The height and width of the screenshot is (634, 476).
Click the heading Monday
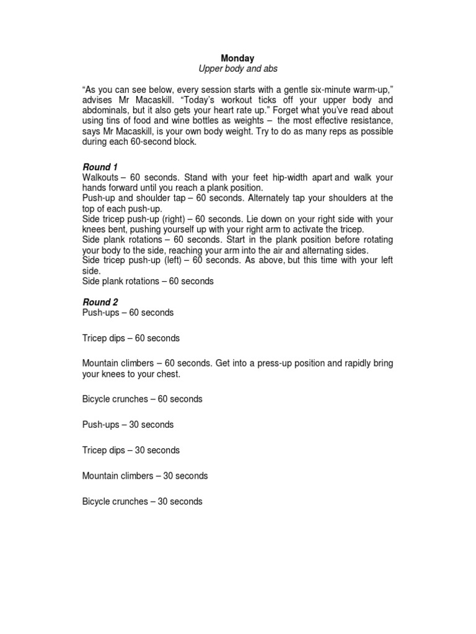(x=238, y=58)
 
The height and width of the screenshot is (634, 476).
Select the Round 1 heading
(x=100, y=167)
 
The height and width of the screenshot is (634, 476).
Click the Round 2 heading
(x=100, y=302)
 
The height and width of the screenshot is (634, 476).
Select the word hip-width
(x=291, y=178)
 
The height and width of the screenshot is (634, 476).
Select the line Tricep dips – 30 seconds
(x=131, y=450)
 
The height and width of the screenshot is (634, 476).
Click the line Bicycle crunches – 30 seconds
(x=142, y=502)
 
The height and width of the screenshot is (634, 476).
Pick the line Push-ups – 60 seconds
(x=128, y=313)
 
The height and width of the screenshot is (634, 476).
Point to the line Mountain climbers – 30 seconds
(x=144, y=476)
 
